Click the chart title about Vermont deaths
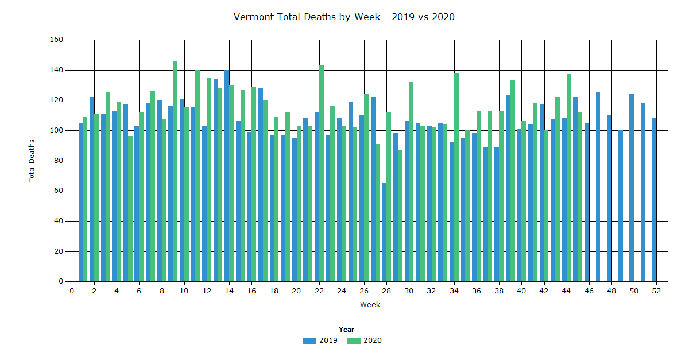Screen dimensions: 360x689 (344, 17)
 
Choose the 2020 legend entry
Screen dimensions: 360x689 (365, 340)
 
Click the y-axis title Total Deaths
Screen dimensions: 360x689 (32, 161)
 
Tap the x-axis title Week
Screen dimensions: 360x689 (370, 305)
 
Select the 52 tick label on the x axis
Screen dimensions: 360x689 (656, 291)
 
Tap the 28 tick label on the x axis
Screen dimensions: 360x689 (386, 291)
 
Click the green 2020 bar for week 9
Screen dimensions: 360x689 (175, 172)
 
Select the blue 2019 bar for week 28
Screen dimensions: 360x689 (384, 233)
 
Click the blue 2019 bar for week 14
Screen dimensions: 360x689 (227, 176)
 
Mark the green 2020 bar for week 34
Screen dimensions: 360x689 (456, 177)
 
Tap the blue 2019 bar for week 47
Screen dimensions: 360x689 (598, 187)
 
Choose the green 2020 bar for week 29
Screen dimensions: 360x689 (400, 216)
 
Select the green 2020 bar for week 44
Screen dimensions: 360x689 (569, 178)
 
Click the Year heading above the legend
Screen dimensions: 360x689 (346, 330)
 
